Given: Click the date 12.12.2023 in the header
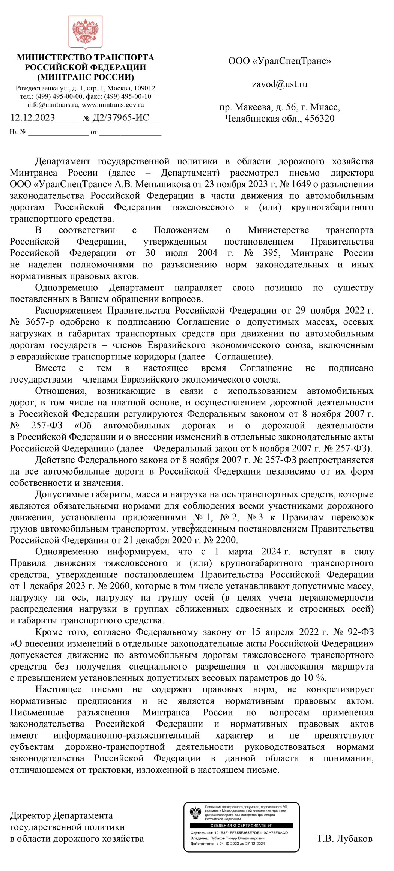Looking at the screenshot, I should pyautogui.click(x=33, y=118).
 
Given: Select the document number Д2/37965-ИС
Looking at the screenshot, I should pyautogui.click(x=121, y=118).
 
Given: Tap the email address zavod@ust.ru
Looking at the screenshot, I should pyautogui.click(x=280, y=84).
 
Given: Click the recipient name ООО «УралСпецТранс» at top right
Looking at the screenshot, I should pyautogui.click(x=280, y=61).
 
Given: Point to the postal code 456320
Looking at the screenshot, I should pyautogui.click(x=319, y=119).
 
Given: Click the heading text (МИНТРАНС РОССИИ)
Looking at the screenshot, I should pyautogui.click(x=85, y=77).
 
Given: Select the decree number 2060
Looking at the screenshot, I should pyautogui.click(x=117, y=586).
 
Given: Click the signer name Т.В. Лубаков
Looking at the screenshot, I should pyautogui.click(x=344, y=838).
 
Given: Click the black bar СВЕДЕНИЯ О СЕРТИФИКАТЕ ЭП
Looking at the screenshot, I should pyautogui.click(x=242, y=826).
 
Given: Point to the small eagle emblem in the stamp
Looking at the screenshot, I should pyautogui.click(x=195, y=813).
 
